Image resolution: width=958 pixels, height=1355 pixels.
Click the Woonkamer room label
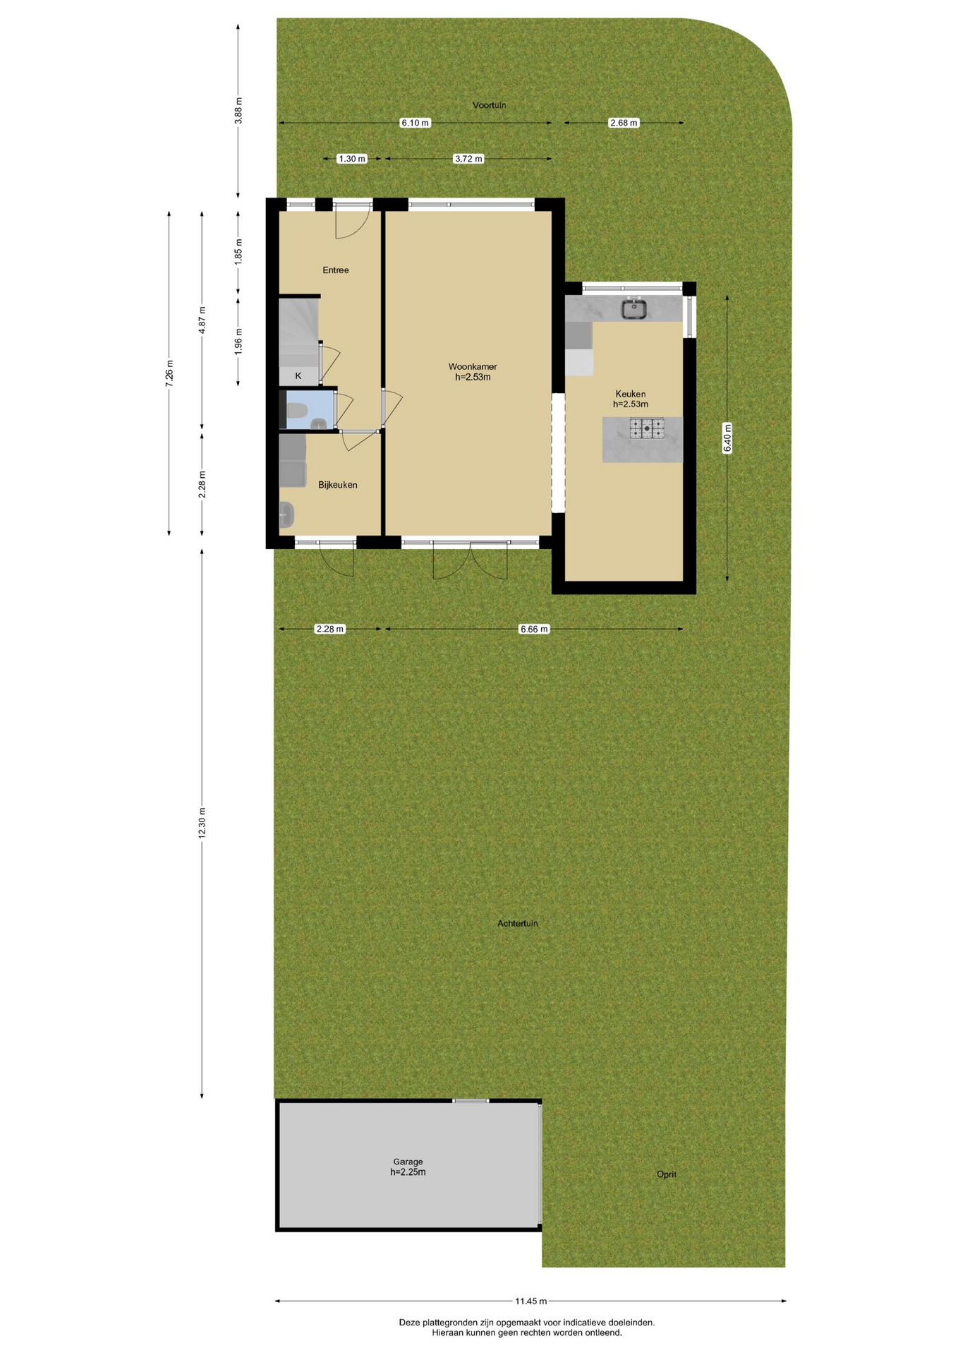pos(473,366)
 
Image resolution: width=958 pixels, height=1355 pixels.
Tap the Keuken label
pos(630,394)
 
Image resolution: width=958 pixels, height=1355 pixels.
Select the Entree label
pos(336,270)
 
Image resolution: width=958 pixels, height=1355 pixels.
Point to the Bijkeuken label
pos(338,485)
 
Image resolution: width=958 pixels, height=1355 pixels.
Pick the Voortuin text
pos(490,105)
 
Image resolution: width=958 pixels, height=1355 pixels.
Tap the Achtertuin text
pos(518,923)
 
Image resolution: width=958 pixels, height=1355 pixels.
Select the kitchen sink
pos(634,308)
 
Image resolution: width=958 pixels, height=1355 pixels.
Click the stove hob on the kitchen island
pos(646,428)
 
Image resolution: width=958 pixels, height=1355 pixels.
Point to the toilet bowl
pos(296,410)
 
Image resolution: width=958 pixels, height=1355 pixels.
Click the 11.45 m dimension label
pos(531,1301)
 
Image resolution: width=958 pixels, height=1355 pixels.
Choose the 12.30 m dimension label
pos(202,822)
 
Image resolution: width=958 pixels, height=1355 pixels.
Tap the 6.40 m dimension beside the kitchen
pos(727,438)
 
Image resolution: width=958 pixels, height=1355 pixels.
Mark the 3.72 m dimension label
pos(468,159)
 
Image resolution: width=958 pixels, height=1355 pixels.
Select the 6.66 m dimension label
pos(534,629)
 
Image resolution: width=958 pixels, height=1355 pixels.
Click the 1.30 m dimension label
pos(352,159)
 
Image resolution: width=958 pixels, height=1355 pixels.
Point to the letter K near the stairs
pos(298,376)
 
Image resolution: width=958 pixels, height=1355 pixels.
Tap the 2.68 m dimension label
pos(624,123)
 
